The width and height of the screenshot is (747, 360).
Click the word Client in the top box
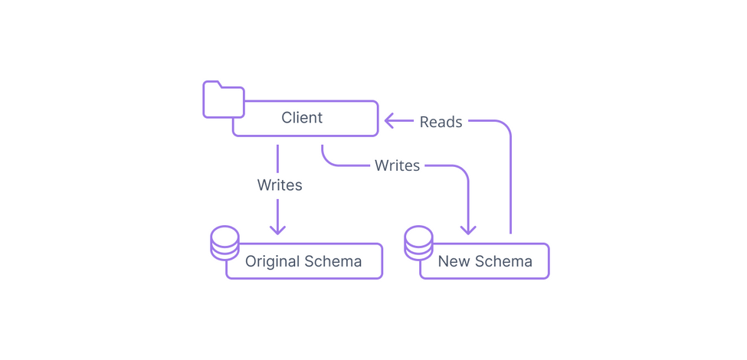(x=302, y=118)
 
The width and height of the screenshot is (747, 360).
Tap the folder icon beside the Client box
(x=222, y=100)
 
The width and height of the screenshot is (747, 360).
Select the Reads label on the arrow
(x=441, y=122)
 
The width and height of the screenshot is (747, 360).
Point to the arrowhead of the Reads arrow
(x=388, y=120)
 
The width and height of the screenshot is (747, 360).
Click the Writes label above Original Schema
(x=280, y=185)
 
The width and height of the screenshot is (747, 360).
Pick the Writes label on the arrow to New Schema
(x=397, y=165)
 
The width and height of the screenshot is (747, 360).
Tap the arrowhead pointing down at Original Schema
(x=277, y=229)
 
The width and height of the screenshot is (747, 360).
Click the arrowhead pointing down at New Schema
(x=467, y=229)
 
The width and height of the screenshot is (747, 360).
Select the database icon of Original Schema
(x=224, y=242)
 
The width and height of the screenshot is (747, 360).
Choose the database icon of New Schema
(x=418, y=242)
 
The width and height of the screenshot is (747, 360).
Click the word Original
(x=272, y=261)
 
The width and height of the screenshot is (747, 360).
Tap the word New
(x=454, y=261)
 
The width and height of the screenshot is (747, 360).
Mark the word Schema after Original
(x=333, y=261)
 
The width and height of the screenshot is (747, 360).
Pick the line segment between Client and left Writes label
(x=277, y=158)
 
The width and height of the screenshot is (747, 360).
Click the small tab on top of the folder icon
(x=212, y=84)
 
